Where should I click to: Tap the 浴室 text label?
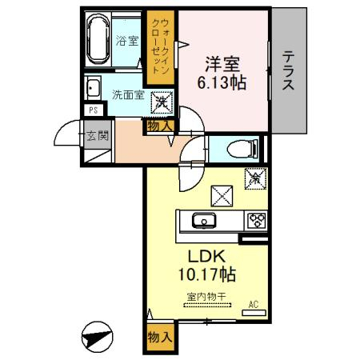coord(126,41)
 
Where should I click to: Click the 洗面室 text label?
coord(128,94)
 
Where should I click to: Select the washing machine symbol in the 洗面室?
coord(162,102)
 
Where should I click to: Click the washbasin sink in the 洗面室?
coord(93,88)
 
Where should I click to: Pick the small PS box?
coord(93,110)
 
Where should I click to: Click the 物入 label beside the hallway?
coord(158,124)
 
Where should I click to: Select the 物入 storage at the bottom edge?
coord(158,338)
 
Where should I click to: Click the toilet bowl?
coord(240,148)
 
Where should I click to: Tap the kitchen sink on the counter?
coord(204,221)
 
